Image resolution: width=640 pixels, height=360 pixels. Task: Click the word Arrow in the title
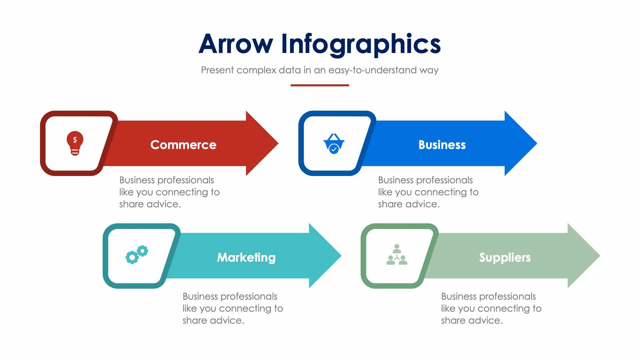tap(236, 44)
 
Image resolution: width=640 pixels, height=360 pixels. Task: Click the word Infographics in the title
tap(361, 45)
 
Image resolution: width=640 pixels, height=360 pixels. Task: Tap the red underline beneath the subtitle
tap(320, 85)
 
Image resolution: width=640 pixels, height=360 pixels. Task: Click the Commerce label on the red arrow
tap(183, 145)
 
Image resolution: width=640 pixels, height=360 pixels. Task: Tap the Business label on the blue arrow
tap(442, 145)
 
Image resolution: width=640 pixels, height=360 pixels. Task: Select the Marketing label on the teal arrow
tap(246, 257)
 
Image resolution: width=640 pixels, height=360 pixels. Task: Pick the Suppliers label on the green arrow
tap(505, 257)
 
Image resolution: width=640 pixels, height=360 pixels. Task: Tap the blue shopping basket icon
tap(334, 144)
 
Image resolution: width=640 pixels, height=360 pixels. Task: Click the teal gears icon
tap(137, 255)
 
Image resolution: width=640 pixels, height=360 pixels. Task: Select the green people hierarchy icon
tap(397, 255)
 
